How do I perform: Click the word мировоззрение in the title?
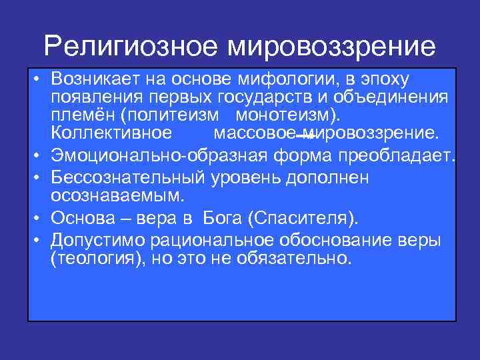(331, 46)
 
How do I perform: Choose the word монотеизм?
(282, 115)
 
